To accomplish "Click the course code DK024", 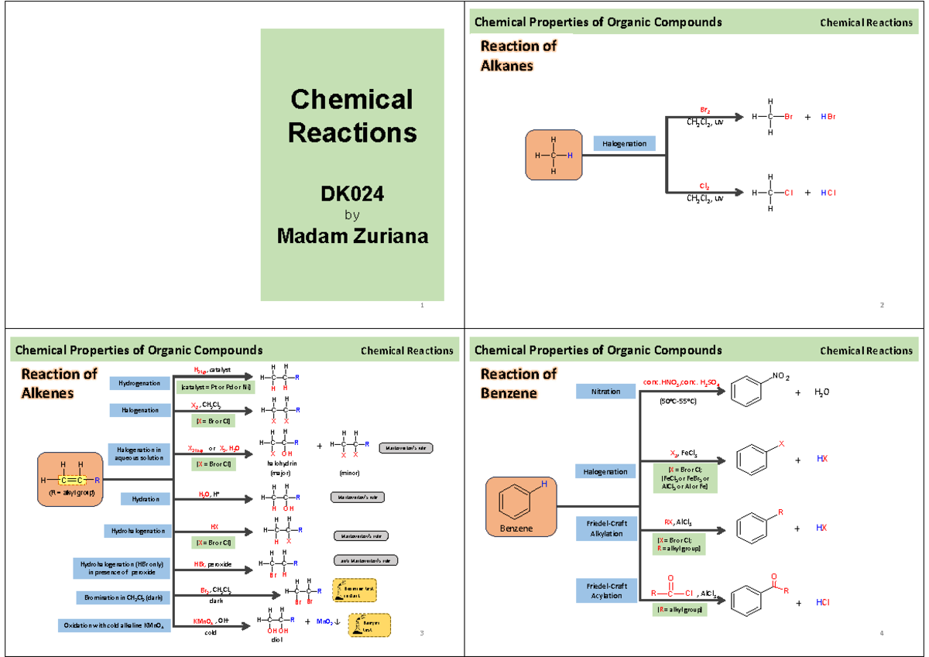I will click(352, 194).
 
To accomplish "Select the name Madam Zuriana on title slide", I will click(352, 237).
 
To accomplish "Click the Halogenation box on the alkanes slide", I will click(625, 143).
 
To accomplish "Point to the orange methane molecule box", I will click(554, 156).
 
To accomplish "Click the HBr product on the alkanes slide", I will click(827, 118).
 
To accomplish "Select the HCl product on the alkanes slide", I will click(827, 193).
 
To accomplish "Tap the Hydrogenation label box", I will click(139, 383).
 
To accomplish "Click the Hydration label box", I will click(139, 499).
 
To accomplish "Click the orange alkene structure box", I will click(70, 480).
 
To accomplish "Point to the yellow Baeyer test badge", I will click(369, 625).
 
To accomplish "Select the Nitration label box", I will click(605, 392).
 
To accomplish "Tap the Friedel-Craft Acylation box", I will click(605, 590).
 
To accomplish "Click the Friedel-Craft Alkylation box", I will click(605, 529).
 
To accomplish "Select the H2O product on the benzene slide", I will click(821, 392).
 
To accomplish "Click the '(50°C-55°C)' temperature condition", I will click(677, 402).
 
